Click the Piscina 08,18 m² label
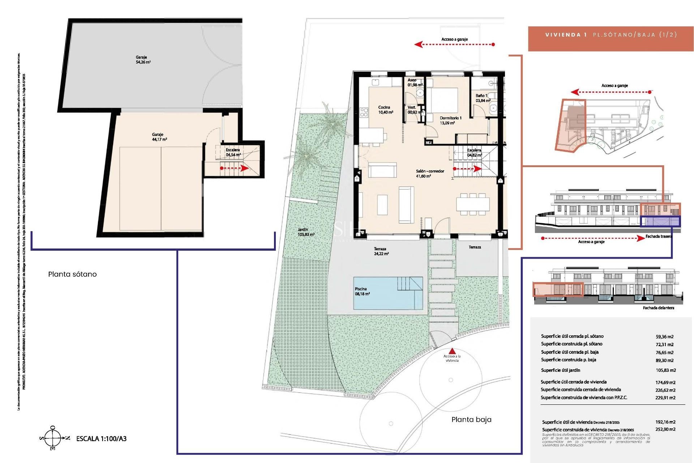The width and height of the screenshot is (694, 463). point(362,292)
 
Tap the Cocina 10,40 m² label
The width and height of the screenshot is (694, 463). point(385,110)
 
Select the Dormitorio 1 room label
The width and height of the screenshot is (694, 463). point(450,120)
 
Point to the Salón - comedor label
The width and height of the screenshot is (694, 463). point(429,174)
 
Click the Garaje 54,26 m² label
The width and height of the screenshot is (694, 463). point(143,60)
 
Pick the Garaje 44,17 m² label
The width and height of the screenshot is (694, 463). point(159,137)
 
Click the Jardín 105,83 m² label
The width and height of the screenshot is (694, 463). point(306,232)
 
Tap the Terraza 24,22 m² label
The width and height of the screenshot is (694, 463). point(381,251)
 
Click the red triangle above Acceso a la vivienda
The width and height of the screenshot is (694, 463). point(452,351)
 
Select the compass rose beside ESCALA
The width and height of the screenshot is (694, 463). point(53,438)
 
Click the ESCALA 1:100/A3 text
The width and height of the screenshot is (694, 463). point(101,439)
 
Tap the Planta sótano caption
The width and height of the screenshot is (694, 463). point(72,274)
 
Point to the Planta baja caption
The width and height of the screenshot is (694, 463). point(471,420)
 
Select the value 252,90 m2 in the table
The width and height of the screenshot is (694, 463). point(665,429)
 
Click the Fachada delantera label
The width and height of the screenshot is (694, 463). point(658,308)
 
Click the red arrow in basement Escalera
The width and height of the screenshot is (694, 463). point(235,168)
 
